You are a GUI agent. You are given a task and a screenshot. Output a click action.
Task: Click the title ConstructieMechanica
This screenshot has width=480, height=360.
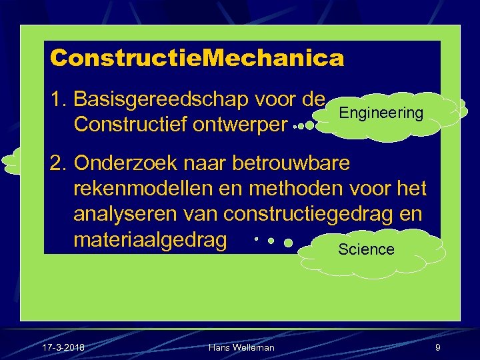coord(197,58)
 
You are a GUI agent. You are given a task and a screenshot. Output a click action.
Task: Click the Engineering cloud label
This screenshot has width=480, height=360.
coord(381,113)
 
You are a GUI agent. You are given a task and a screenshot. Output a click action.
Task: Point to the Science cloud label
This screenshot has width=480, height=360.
coord(366,249)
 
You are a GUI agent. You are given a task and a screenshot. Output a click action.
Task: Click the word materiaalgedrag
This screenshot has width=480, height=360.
coord(150,239)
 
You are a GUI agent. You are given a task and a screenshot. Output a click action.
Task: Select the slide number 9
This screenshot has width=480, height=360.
coord(437,347)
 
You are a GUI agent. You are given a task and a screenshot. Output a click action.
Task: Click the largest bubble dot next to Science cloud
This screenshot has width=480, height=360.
coord(289,244)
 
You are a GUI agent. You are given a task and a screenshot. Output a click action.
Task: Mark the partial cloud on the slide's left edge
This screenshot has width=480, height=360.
coord(11,161)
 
